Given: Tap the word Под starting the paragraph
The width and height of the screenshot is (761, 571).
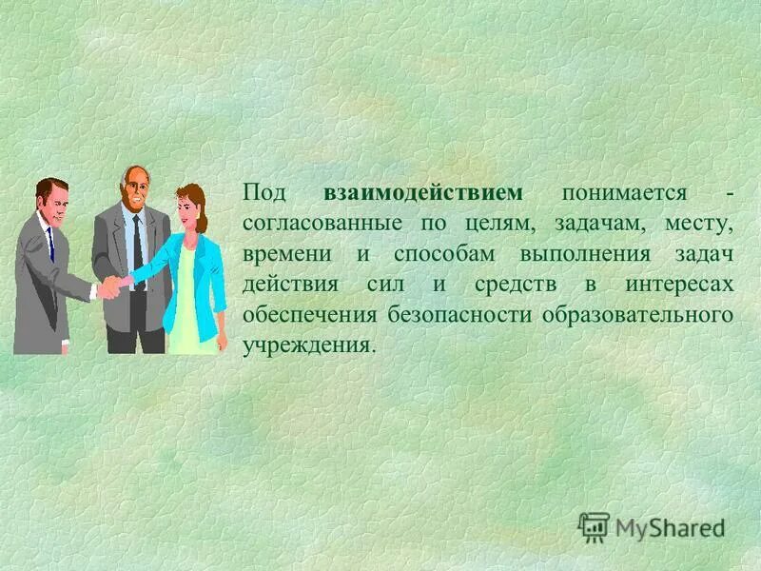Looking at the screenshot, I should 263,193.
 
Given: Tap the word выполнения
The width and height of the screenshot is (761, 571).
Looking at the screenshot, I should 584,255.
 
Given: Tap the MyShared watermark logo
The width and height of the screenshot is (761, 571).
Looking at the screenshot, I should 653,526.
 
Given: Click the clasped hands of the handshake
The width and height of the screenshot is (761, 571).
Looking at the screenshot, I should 113,285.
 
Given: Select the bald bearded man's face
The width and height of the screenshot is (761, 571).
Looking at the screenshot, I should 134,192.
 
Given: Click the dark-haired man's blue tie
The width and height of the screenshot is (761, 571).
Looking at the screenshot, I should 49,244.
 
